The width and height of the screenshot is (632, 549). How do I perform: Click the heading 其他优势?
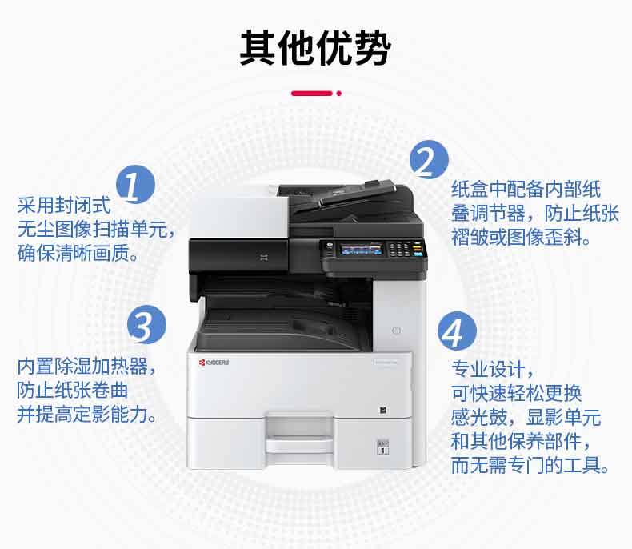point(315,47)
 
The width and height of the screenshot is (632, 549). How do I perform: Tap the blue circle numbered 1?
point(135,184)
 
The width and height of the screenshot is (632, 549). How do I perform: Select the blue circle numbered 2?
point(429,159)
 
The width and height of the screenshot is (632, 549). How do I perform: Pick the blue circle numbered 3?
point(146,324)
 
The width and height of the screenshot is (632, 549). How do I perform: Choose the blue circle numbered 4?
point(457,331)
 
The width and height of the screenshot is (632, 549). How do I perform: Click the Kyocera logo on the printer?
point(214,363)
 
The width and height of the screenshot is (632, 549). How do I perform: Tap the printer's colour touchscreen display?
point(361,250)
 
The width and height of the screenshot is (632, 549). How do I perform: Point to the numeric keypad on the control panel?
point(399,249)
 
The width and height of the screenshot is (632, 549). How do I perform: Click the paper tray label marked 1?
point(382,447)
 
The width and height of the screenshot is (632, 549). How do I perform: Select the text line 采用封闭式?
point(64,206)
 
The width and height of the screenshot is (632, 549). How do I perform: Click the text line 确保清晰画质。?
point(78,253)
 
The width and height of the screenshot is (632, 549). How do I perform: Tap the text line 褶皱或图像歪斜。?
point(522,238)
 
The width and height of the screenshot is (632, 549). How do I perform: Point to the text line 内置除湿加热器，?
point(86,367)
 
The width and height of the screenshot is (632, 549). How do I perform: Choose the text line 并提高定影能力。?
point(86,414)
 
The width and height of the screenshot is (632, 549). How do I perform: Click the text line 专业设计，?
point(493,369)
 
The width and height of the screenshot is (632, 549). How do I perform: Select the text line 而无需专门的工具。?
point(530,465)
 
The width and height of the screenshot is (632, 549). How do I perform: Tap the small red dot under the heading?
point(339,94)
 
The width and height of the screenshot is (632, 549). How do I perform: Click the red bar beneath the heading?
point(312,94)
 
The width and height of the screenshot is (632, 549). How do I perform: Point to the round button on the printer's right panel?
point(396,331)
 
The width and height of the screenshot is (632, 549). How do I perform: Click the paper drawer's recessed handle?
point(299,427)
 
